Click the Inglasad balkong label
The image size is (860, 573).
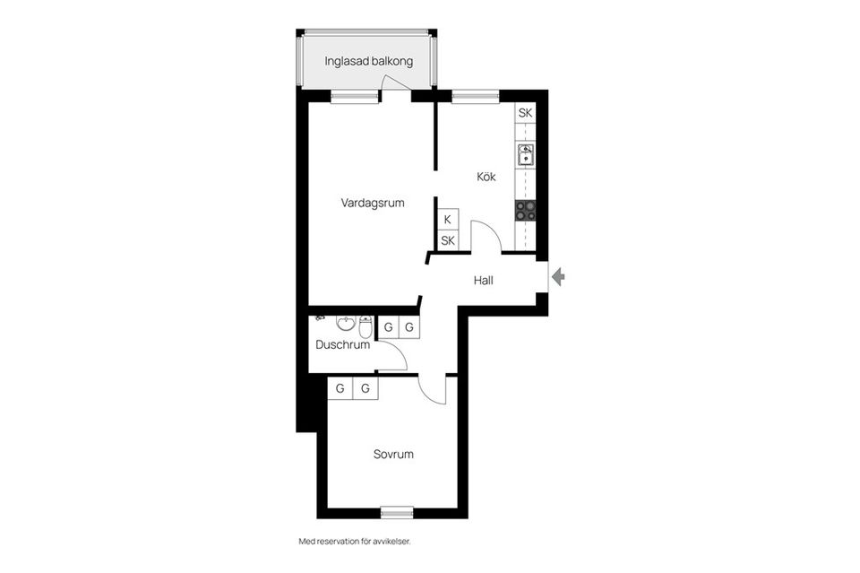pos(368,62)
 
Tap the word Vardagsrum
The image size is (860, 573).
pos(373,203)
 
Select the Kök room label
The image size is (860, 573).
pos(486,177)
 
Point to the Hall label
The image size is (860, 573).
pos(484,281)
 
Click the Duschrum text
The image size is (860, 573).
pos(342,344)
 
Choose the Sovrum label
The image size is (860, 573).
pos(393,455)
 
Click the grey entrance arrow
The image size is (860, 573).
pos(558,277)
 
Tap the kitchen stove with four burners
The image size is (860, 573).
pos(526,210)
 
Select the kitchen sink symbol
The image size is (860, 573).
pos(526,156)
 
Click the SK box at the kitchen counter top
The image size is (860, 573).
pos(525,113)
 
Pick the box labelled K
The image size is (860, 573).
pos(447,220)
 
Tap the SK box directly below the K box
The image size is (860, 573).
pos(447,240)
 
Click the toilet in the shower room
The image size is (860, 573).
pos(365,323)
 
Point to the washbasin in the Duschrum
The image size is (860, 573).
pos(345,322)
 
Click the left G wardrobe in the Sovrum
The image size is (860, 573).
pos(340,388)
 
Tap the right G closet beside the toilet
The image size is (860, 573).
pos(409,327)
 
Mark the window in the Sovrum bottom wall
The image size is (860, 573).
pos(396,512)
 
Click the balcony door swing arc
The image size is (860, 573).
pos(392,82)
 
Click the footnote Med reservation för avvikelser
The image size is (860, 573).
pos(359,542)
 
